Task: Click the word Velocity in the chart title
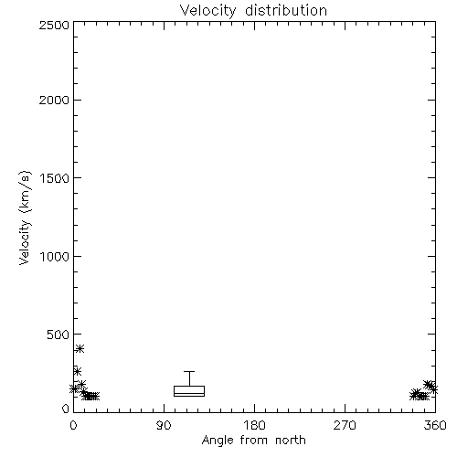click(208, 11)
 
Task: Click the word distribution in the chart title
click(286, 10)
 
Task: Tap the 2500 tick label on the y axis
click(54, 25)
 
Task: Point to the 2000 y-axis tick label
click(54, 100)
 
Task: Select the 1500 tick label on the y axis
click(55, 178)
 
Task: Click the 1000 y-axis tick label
click(55, 257)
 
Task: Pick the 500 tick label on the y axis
click(58, 335)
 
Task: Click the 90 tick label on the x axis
click(164, 425)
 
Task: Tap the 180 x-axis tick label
click(254, 425)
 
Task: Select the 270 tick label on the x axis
click(345, 425)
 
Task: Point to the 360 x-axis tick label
click(435, 425)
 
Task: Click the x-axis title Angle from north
click(254, 441)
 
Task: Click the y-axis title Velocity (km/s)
click(25, 218)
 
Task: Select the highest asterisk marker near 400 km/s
click(80, 348)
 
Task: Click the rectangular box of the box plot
click(189, 391)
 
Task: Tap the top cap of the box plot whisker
click(189, 371)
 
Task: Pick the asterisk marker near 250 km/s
click(77, 371)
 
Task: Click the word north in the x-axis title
click(291, 441)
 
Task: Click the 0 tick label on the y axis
click(66, 409)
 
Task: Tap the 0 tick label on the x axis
click(73, 425)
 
